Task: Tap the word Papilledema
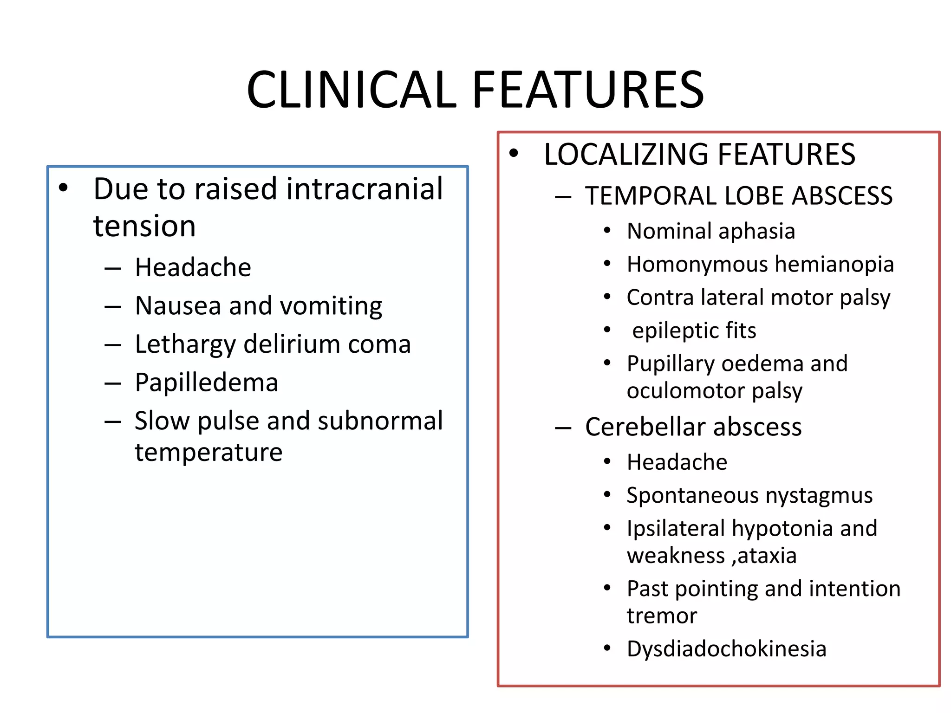(x=206, y=382)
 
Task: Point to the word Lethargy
(x=185, y=345)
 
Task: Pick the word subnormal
(x=380, y=421)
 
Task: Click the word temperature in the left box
(x=208, y=452)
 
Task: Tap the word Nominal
(x=663, y=231)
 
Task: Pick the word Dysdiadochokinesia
(x=726, y=649)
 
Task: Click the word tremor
(x=662, y=616)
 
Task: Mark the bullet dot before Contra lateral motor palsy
(x=607, y=297)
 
